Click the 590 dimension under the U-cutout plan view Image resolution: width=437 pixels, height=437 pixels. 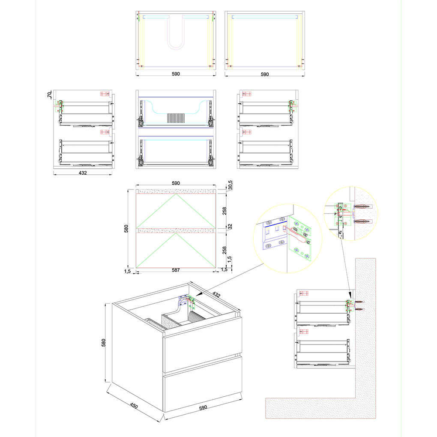[x=176, y=74]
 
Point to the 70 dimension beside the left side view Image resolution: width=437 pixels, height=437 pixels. [x=50, y=95]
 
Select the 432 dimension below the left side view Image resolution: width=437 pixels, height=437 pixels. [x=83, y=173]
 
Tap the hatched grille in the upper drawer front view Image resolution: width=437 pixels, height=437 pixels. [x=176, y=118]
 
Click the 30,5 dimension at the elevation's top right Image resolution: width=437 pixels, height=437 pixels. [x=230, y=185]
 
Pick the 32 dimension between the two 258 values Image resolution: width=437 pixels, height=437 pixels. [x=230, y=227]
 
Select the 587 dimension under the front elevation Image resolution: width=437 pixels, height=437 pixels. [x=176, y=270]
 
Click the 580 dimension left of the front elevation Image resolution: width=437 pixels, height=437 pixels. [x=126, y=228]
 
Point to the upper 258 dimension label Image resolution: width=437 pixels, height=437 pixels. [x=224, y=211]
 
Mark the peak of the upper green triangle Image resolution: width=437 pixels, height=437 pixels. [x=176, y=194]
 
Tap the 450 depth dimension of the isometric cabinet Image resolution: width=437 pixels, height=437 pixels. [x=134, y=406]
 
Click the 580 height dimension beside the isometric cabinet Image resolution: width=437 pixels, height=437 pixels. [x=103, y=342]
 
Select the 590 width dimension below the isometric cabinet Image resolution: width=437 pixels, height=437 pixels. [x=203, y=407]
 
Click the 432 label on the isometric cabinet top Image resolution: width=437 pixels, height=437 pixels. [x=216, y=294]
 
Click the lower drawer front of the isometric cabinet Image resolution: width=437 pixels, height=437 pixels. [x=203, y=383]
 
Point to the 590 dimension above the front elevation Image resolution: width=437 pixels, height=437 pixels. [x=176, y=183]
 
